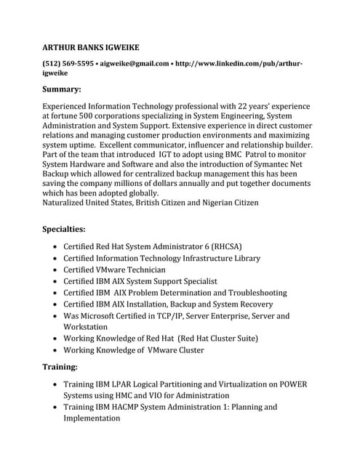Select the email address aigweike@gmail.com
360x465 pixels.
134,64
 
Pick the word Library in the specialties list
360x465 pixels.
242,258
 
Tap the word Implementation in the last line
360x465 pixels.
91,418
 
